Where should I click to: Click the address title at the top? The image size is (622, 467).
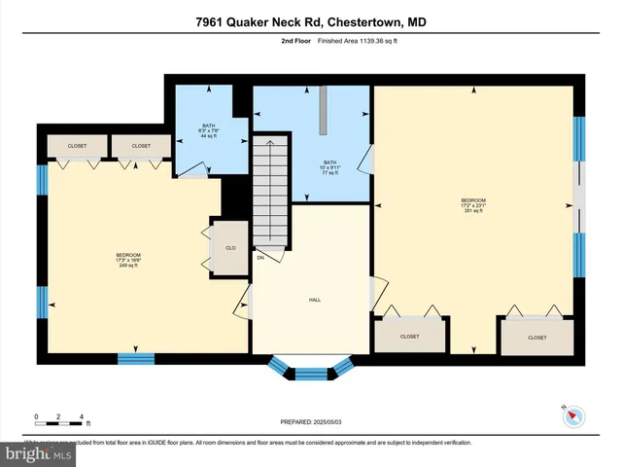(311, 21)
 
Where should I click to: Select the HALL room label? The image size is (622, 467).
(315, 300)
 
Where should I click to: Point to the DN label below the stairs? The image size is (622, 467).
(260, 258)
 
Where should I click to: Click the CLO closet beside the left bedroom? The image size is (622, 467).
(231, 248)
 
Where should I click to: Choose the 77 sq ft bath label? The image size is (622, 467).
(329, 166)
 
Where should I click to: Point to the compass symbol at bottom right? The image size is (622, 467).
(573, 415)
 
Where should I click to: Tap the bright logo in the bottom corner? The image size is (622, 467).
(37, 454)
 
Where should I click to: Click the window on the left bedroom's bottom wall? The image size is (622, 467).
(136, 358)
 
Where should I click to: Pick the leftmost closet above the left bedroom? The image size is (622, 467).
(77, 146)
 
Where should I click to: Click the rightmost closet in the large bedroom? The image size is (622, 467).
(536, 338)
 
